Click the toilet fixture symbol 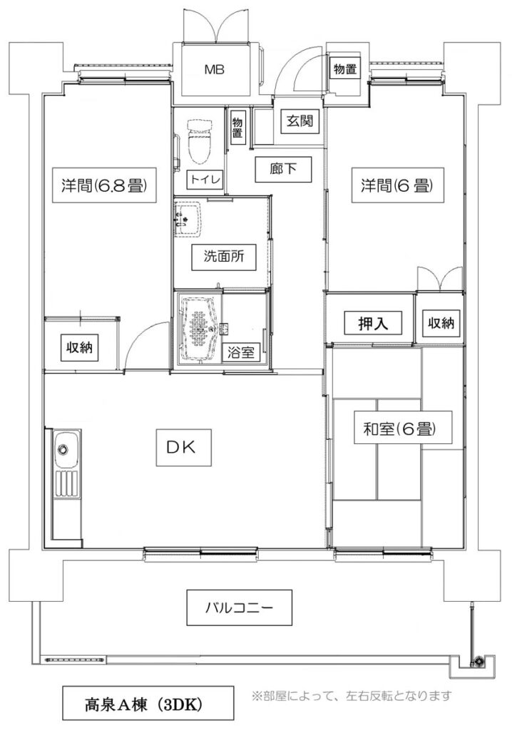[x=200, y=141]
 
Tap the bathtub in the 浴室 [x=200, y=329]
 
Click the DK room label [x=183, y=448]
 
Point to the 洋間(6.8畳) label [x=103, y=185]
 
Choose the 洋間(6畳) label [x=397, y=186]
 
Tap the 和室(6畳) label [x=400, y=428]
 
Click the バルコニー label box [x=240, y=607]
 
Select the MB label [x=215, y=70]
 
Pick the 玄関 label [x=299, y=121]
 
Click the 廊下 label [x=283, y=168]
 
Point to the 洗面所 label [x=224, y=257]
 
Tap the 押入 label [x=373, y=323]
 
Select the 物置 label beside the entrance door [x=345, y=69]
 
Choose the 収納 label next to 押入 [x=441, y=322]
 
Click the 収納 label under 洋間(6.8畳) [x=80, y=347]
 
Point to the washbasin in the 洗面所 [x=189, y=219]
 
